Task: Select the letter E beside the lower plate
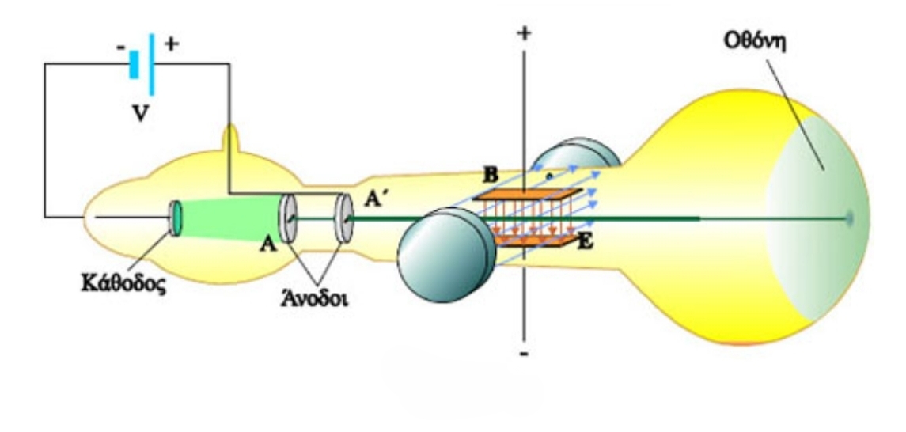(x=585, y=243)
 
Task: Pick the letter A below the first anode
(x=270, y=246)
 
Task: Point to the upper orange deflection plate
(x=531, y=193)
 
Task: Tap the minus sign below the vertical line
(x=523, y=354)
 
